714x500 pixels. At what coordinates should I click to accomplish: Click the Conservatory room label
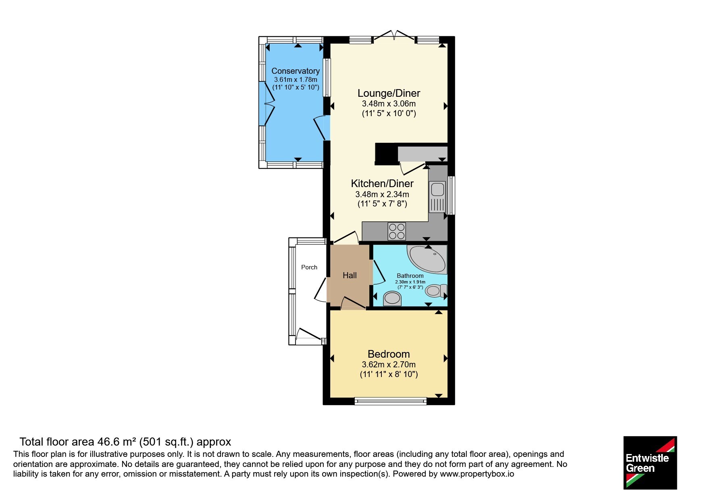coord(296,71)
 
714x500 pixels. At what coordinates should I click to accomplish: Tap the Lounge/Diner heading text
coord(389,93)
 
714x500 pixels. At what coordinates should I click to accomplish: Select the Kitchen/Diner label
coord(382,184)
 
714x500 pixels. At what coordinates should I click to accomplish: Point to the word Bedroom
coord(389,354)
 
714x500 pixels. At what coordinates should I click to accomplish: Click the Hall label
coord(350,275)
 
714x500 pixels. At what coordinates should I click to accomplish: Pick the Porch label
coord(309,267)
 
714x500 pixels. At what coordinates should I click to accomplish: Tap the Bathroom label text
coord(410,276)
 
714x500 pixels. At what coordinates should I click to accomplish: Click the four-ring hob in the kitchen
coord(397,231)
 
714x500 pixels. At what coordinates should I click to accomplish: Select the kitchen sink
coord(437,197)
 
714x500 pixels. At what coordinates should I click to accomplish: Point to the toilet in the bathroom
coord(436,290)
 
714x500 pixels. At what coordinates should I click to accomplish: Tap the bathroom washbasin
coord(392,298)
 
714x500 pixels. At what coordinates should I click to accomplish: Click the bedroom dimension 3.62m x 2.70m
coord(389,365)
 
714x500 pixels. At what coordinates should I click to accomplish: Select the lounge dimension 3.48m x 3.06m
coord(389,104)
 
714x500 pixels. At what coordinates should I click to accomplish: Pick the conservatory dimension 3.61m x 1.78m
coord(296,80)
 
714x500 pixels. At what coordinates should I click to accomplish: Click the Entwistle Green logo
coord(650,463)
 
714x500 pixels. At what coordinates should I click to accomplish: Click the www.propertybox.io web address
coord(477,474)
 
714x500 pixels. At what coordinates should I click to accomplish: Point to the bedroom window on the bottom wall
coord(390,401)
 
